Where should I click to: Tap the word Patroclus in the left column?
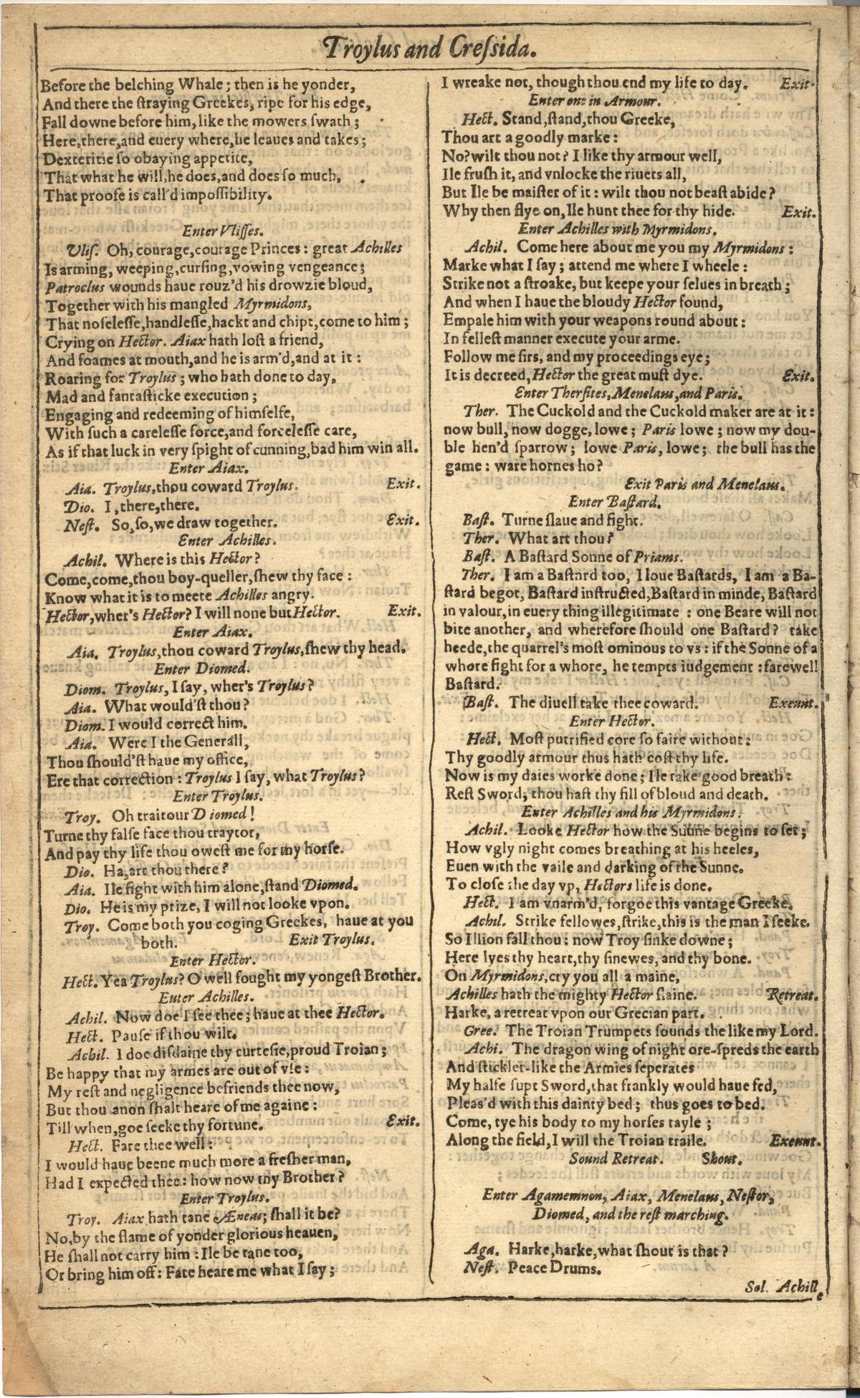[77, 286]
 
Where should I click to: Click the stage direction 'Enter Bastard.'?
[614, 501]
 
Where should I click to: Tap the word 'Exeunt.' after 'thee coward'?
[793, 703]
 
